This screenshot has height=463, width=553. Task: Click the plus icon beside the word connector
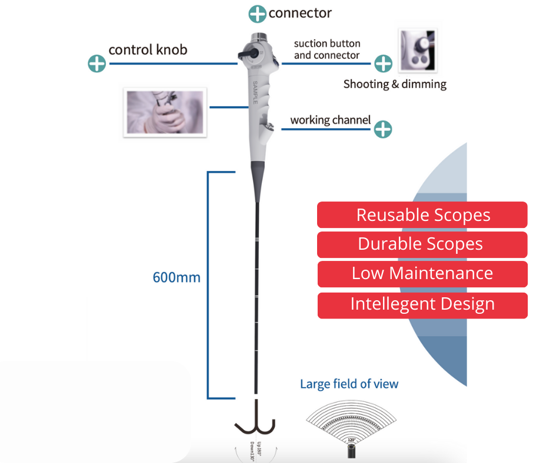pos(258,14)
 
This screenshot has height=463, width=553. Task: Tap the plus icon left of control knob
pos(96,63)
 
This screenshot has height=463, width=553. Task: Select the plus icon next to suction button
pos(383,63)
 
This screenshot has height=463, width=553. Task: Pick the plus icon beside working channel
pos(383,129)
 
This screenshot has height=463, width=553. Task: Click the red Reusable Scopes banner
pos(422,215)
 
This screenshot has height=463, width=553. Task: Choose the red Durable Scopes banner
pos(422,244)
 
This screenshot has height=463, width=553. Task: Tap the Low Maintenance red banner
pos(422,274)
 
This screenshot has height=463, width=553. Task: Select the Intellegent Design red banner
pos(422,305)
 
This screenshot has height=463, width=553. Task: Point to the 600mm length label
pos(176,277)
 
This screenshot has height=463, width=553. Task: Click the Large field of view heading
pos(349,384)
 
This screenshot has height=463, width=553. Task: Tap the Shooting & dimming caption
pos(395,84)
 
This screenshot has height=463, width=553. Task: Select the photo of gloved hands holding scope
pos(165,112)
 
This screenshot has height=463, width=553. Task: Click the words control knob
pos(148,49)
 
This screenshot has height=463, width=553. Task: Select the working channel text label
pos(330,120)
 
